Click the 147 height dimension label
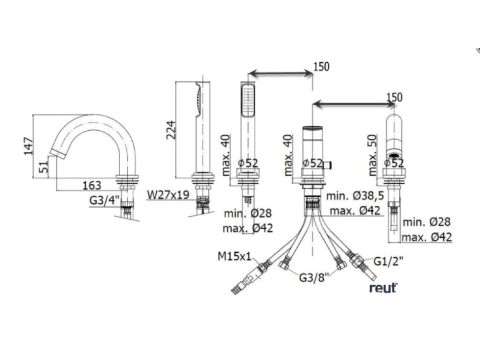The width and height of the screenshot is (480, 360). (x=28, y=146)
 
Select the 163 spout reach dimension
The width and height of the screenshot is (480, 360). (x=92, y=185)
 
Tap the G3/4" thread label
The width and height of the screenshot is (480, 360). (x=104, y=200)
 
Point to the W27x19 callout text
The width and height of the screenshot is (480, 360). (x=168, y=195)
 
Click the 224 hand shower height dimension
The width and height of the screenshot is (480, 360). (x=171, y=130)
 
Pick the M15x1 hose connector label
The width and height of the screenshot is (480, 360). (x=234, y=256)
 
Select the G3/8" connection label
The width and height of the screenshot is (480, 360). (x=314, y=278)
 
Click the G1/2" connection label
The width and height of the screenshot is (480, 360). (x=388, y=262)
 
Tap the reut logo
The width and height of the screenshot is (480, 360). (x=383, y=288)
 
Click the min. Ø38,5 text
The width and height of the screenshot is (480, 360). (x=355, y=195)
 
